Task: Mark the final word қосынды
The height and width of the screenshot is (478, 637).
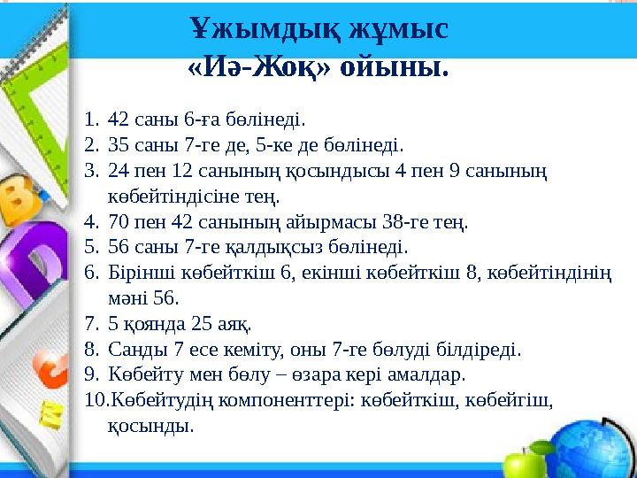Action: point(150,427)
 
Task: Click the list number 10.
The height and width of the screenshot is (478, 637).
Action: point(95,401)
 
